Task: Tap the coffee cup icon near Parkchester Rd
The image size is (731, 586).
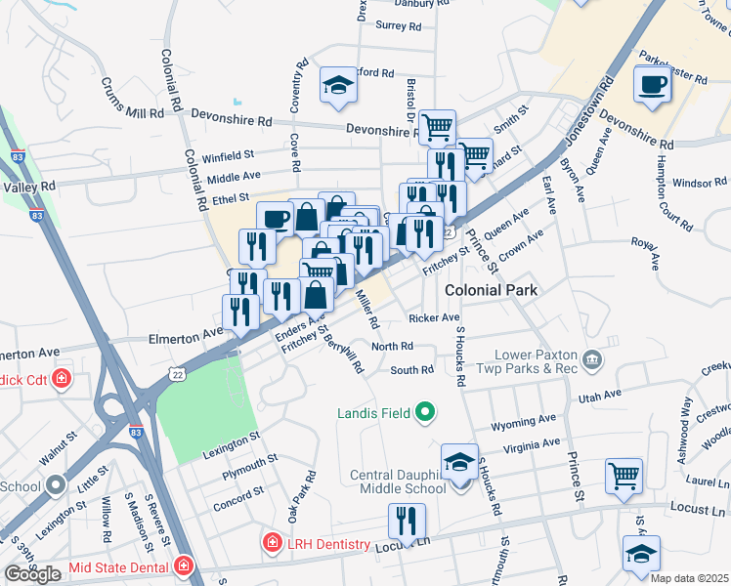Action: coord(652,84)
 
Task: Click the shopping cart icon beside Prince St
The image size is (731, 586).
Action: coord(623,477)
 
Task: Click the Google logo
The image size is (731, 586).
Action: coord(32,574)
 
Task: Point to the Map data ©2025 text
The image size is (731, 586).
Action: coord(689,578)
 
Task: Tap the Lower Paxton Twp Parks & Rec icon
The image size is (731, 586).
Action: coord(591,361)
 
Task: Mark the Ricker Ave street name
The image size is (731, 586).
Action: coord(435,318)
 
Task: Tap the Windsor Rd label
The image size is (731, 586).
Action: coord(700,183)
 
